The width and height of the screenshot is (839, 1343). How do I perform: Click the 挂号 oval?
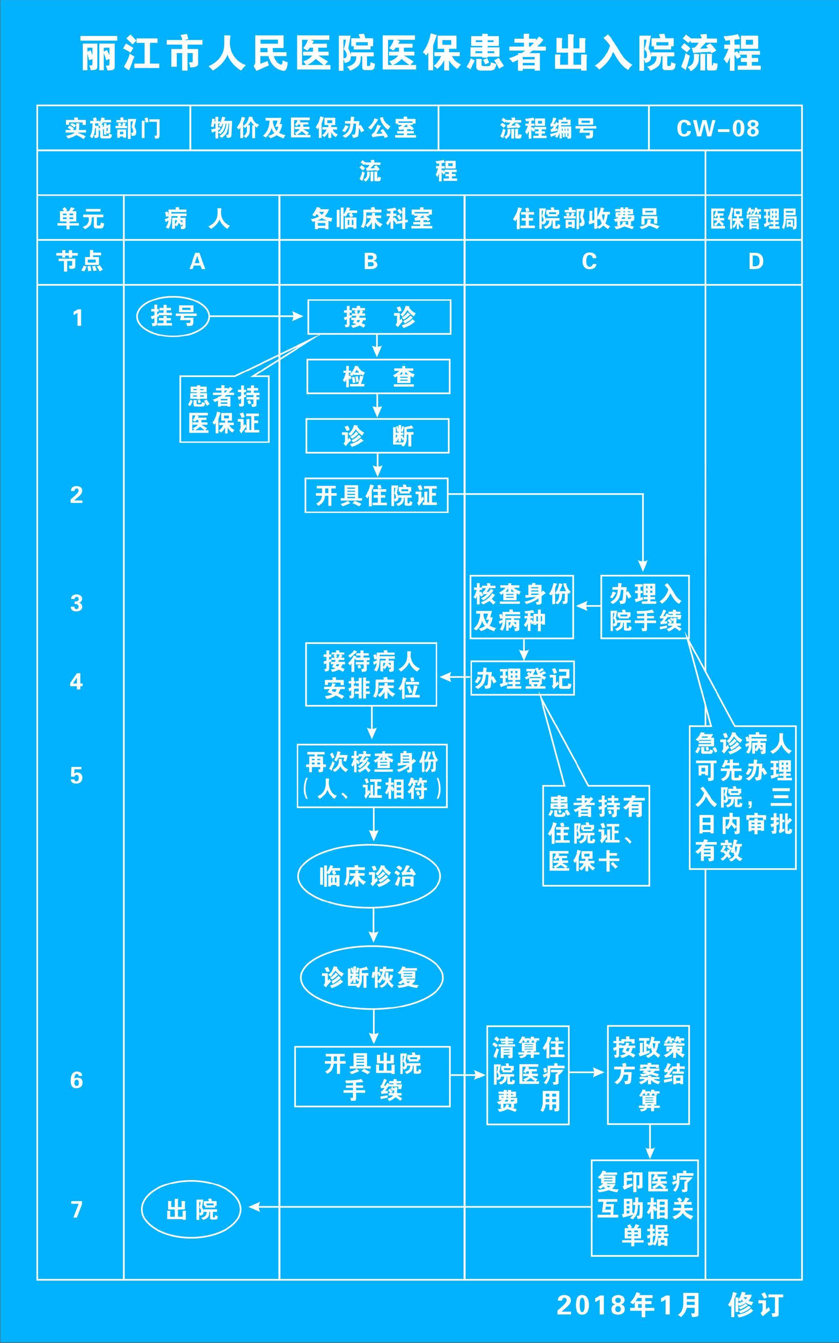pos(173,316)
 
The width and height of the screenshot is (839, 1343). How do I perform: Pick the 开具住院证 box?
pos(376,495)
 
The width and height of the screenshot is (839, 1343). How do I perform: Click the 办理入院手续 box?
pos(645,607)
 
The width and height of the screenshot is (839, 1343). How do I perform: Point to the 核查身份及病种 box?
pos(522,607)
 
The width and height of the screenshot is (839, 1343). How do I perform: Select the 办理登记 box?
pos(522,678)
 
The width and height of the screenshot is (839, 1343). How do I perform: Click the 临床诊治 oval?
pos(369,876)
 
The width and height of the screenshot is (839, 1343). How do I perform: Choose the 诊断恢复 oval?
pos(371,977)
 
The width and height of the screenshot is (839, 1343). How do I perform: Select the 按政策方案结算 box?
pos(648,1075)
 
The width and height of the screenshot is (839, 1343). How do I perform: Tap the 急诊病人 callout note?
pos(742,797)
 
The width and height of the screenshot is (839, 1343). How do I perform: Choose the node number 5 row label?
pos(77,775)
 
